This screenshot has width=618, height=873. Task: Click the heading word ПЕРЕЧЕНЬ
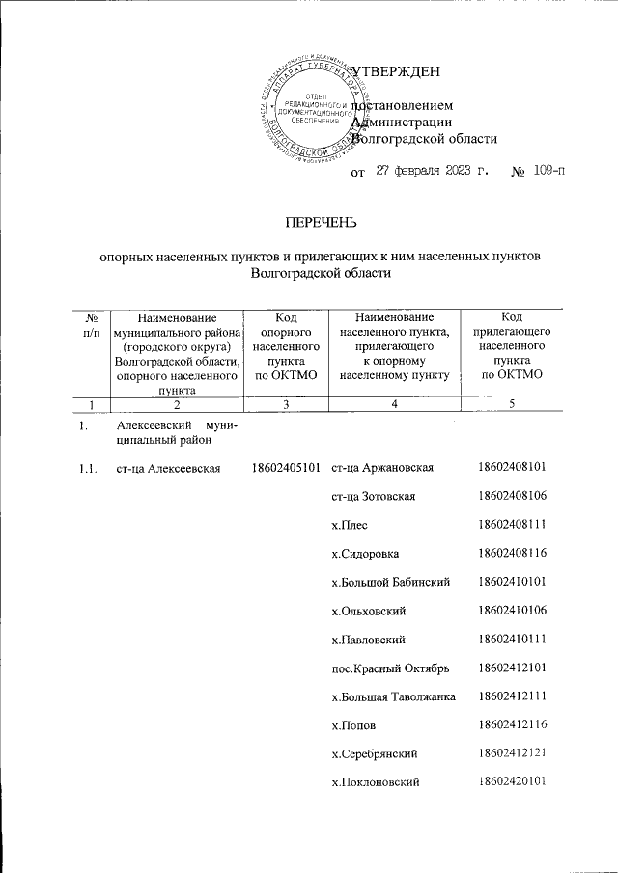(319, 223)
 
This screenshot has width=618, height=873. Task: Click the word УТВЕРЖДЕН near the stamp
(398, 72)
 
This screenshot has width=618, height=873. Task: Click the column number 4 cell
(395, 404)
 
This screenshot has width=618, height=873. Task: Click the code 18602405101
(285, 469)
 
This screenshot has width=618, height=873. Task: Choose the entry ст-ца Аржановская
(381, 469)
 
